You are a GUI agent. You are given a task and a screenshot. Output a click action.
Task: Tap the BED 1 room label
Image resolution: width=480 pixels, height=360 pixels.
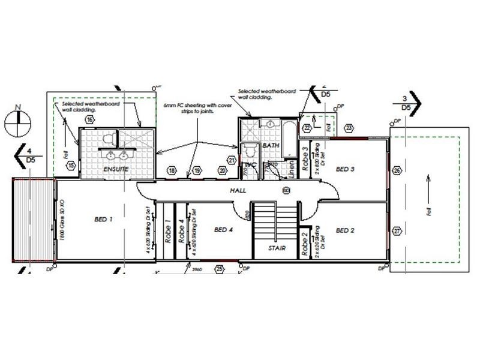pyautogui.click(x=103, y=220)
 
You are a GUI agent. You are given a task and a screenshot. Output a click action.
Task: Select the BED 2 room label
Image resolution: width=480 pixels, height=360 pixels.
pyautogui.click(x=346, y=230)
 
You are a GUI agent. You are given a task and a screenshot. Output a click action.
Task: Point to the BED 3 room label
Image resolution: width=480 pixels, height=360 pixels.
pyautogui.click(x=345, y=169)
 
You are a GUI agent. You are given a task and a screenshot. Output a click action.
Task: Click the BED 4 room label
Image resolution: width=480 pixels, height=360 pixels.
pyautogui.click(x=223, y=230)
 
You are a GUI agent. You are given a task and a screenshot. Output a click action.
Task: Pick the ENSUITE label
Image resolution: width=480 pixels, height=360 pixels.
pyautogui.click(x=116, y=170)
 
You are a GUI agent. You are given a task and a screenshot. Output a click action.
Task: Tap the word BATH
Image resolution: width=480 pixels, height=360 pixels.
pyautogui.click(x=271, y=145)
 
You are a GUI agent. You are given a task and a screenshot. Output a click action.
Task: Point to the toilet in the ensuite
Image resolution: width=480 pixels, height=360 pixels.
pyautogui.click(x=108, y=139)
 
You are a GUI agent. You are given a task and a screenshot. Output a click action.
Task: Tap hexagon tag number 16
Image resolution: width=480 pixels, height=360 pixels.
pyautogui.click(x=89, y=120)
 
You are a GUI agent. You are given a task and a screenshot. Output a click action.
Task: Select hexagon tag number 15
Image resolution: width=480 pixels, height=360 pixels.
pyautogui.click(x=71, y=165)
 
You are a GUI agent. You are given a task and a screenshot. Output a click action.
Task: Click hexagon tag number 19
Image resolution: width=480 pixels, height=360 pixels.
pyautogui.click(x=197, y=172)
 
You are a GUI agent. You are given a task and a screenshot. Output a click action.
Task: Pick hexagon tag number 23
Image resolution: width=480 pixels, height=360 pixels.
pyautogui.click(x=349, y=128)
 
